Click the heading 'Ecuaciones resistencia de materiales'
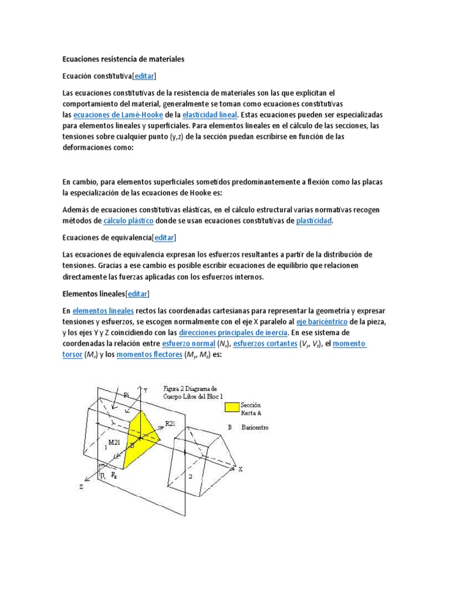(x=123, y=59)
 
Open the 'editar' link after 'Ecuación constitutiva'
(x=144, y=76)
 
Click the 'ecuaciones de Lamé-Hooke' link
(x=117, y=115)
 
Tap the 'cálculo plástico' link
(x=129, y=221)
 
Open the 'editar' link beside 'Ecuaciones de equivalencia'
(x=164, y=237)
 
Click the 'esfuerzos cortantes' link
(x=265, y=343)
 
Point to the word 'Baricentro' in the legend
(x=255, y=428)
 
